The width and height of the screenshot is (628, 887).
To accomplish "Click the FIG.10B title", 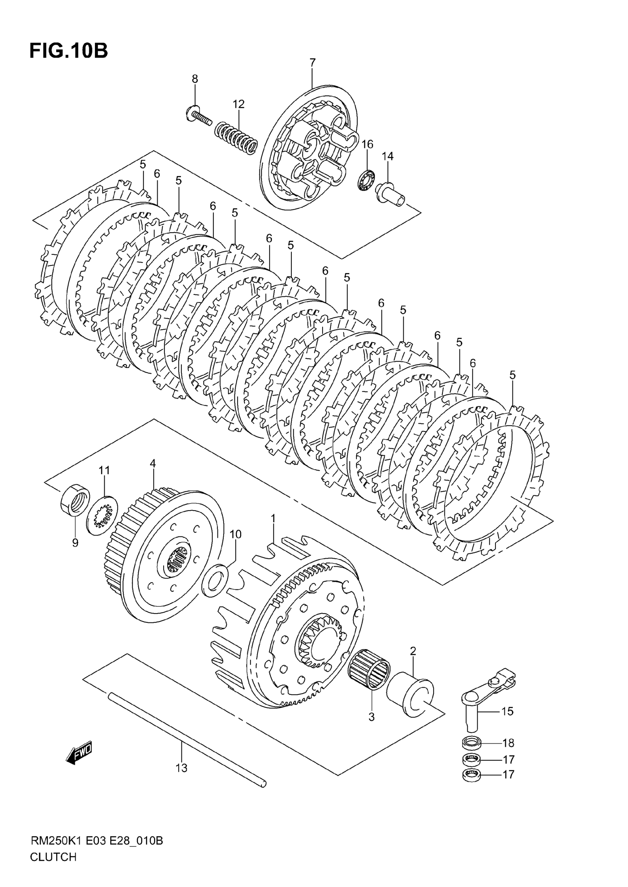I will (x=68, y=51).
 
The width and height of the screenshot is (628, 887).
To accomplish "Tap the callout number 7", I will (x=313, y=62).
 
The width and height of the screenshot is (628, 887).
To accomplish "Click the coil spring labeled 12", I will (x=236, y=138).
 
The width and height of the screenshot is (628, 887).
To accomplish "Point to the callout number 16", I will (x=367, y=144).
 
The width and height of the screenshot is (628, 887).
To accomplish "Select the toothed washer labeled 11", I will (x=102, y=515).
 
